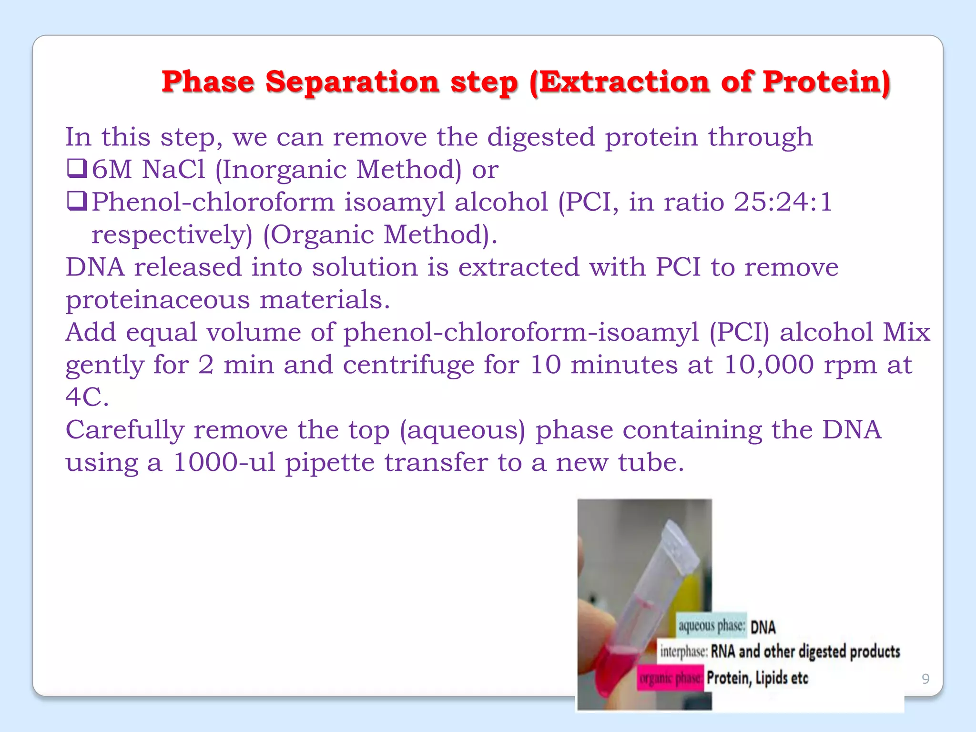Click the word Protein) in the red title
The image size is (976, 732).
point(826,82)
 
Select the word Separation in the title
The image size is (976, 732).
point(352,82)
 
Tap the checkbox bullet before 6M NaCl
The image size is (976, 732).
point(77,169)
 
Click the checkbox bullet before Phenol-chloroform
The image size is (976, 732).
point(77,202)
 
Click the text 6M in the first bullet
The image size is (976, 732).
point(112,170)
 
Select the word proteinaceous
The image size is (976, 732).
point(157,300)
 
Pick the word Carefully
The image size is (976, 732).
point(124,430)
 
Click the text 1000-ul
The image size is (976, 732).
point(224,463)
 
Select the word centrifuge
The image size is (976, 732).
point(408,366)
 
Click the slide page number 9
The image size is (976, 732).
point(925,679)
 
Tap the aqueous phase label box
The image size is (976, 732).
point(711,626)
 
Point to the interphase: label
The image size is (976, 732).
point(683,651)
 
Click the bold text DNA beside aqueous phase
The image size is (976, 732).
point(763,627)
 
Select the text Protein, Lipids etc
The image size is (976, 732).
point(757,678)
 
